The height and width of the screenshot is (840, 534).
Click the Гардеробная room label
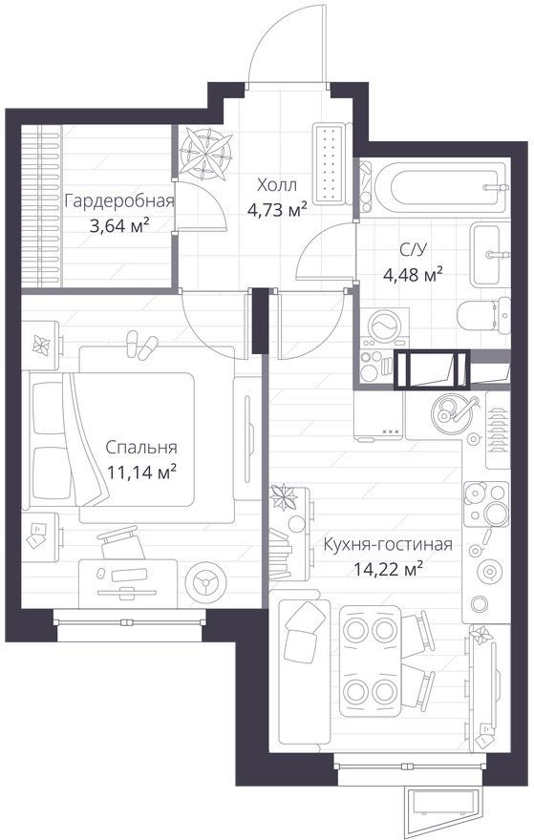tap(119, 202)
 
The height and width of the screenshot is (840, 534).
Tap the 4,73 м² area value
tap(277, 209)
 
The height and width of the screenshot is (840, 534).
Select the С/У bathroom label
tap(413, 250)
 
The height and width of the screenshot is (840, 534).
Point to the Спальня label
tap(141, 448)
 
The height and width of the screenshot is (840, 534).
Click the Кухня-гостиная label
tap(388, 545)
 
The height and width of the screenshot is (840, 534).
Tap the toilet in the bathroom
tap(484, 316)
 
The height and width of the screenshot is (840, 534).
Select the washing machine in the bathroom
tap(384, 327)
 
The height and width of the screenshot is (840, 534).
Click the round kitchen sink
tap(449, 410)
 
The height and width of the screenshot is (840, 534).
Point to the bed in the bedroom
tap(112, 439)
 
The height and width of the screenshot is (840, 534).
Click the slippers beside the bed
tap(140, 346)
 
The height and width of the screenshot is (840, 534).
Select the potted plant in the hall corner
tap(206, 154)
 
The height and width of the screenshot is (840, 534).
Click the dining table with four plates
tap(371, 661)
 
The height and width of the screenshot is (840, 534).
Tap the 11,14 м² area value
tap(141, 472)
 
